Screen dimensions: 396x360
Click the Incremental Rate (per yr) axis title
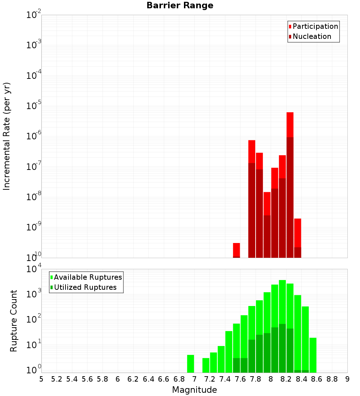[7, 136]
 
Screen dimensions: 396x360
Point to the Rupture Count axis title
[14, 320]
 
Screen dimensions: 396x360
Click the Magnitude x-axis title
[194, 390]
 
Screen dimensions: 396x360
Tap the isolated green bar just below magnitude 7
[191, 364]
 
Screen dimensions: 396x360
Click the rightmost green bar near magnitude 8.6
[313, 355]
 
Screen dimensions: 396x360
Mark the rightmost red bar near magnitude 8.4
[298, 238]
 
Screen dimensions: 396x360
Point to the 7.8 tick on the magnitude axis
[256, 379]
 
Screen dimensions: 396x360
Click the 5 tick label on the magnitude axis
[41, 379]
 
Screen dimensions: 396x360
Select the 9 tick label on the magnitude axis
[347, 379]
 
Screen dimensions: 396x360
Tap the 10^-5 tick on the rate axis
[33, 106]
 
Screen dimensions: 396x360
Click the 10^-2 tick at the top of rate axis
[33, 15]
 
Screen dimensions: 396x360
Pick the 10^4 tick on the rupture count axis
[33, 269]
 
